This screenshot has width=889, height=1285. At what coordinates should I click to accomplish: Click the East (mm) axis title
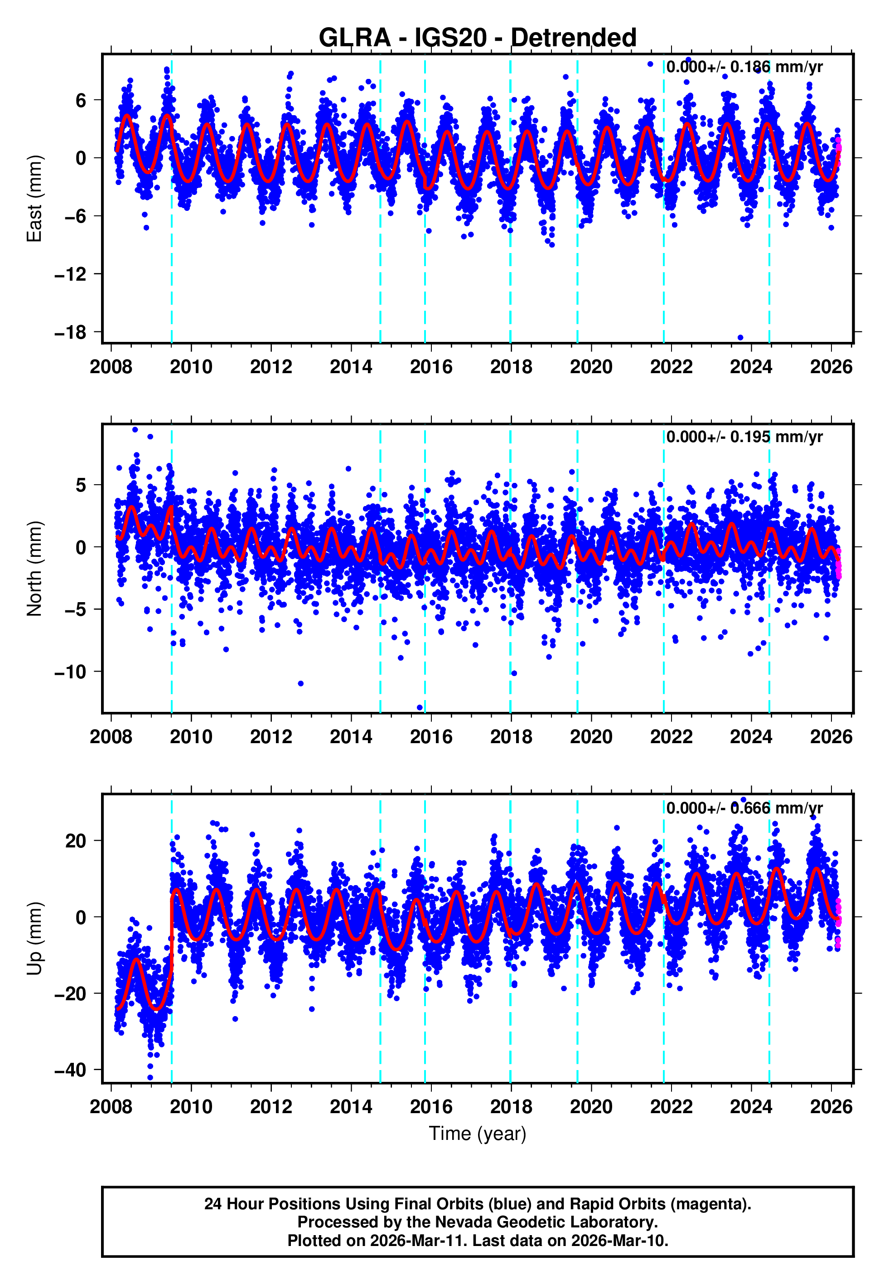[x=34, y=199]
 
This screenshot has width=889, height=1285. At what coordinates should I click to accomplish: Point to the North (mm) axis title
[x=34, y=569]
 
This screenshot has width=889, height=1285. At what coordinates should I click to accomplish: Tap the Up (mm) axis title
[x=34, y=939]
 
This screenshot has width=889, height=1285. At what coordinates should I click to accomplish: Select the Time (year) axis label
[x=478, y=1134]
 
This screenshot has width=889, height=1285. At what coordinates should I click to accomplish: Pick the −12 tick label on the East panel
[x=70, y=274]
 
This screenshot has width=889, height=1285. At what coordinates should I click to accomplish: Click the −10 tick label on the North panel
[x=70, y=672]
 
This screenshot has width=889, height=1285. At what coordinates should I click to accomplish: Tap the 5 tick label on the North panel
[x=81, y=485]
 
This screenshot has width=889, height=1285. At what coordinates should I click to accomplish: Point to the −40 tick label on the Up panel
[x=70, y=1070]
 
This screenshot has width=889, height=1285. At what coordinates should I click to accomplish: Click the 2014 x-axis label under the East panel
[x=351, y=367]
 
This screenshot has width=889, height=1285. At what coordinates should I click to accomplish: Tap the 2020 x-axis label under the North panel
[x=591, y=737]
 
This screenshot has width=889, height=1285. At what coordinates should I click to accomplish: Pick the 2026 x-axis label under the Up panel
[x=831, y=1107]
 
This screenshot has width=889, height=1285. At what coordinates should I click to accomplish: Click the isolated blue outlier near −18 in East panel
[x=740, y=337]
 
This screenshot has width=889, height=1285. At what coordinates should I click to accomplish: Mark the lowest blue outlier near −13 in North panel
[x=420, y=708]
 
